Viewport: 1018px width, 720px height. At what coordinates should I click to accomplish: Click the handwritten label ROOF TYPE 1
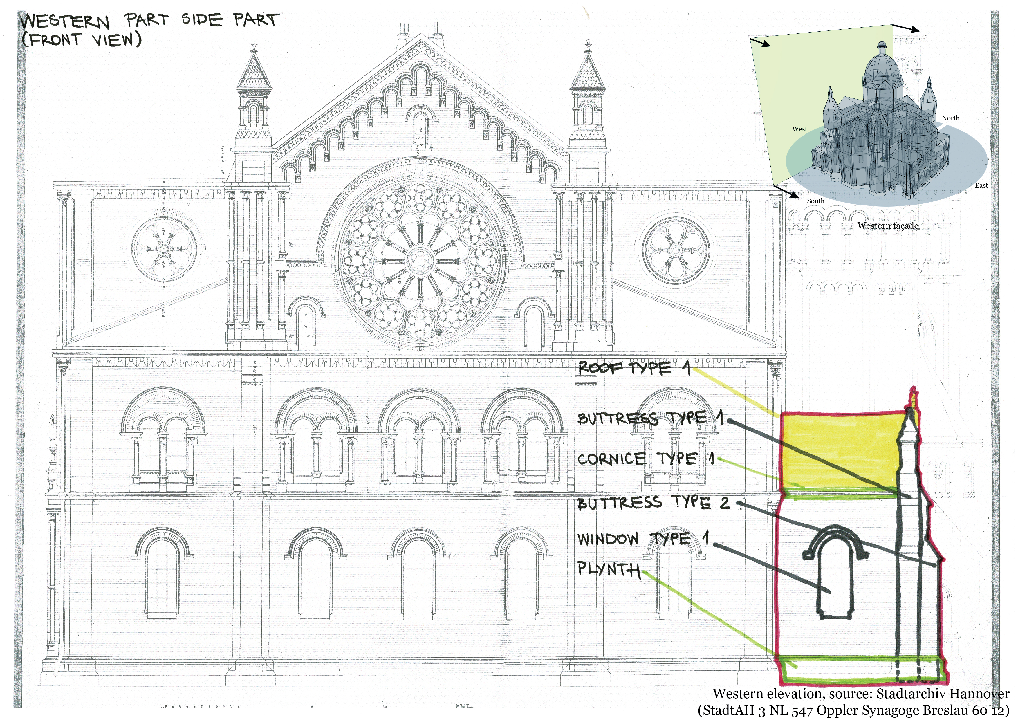[634, 368]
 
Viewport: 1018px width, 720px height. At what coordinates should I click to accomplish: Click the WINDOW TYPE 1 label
[643, 539]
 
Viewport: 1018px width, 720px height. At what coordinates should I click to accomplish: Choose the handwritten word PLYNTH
[609, 569]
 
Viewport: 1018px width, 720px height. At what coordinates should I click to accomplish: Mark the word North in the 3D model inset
[951, 118]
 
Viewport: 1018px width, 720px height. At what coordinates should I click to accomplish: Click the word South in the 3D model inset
[815, 201]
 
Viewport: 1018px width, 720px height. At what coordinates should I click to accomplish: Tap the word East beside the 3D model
[981, 185]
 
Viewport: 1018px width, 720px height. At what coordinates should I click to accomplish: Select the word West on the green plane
[799, 129]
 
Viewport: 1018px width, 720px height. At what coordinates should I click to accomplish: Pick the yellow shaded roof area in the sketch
[840, 450]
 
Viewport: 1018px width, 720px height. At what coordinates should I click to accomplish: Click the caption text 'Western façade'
[888, 226]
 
